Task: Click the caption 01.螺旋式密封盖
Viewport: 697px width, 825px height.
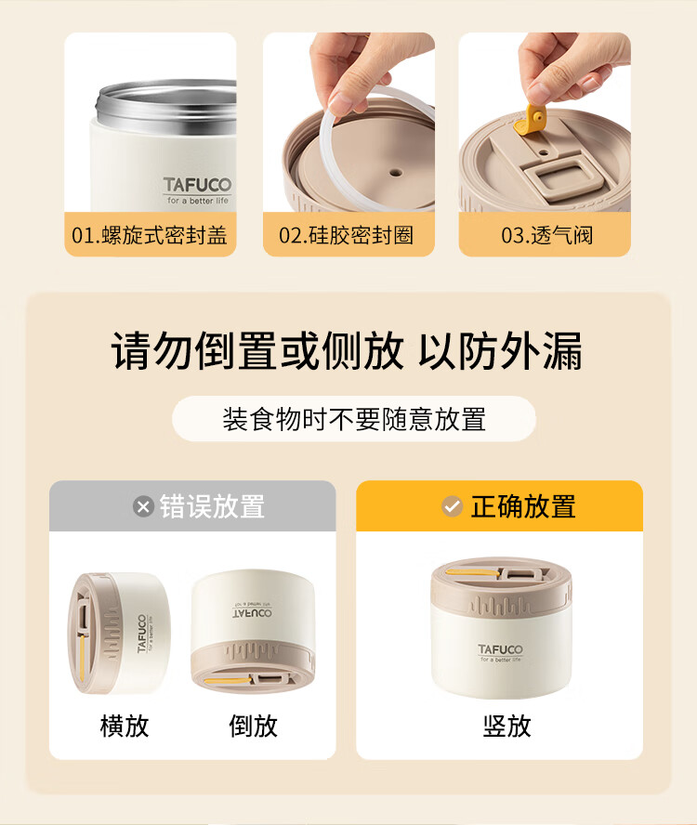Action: click(x=150, y=235)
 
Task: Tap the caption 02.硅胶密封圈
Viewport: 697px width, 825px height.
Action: click(x=347, y=235)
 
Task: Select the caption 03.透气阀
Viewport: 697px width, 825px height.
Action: click(x=546, y=235)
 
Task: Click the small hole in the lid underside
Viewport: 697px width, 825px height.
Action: click(x=396, y=172)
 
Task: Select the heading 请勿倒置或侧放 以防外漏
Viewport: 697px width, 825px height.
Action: click(x=347, y=351)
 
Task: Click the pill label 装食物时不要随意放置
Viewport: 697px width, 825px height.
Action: click(x=354, y=419)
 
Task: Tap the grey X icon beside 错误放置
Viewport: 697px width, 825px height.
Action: click(x=143, y=506)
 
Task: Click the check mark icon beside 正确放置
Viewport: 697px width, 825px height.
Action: click(x=452, y=506)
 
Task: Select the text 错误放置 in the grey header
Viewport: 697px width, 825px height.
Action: click(x=212, y=506)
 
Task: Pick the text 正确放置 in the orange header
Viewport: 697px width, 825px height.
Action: click(x=522, y=506)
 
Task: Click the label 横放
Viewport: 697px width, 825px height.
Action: click(x=125, y=727)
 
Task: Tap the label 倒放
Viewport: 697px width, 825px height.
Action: click(x=253, y=727)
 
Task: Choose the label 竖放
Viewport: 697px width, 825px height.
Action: click(x=507, y=727)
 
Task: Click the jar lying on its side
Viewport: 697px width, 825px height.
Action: click(x=119, y=633)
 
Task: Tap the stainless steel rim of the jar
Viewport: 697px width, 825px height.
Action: click(x=165, y=105)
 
